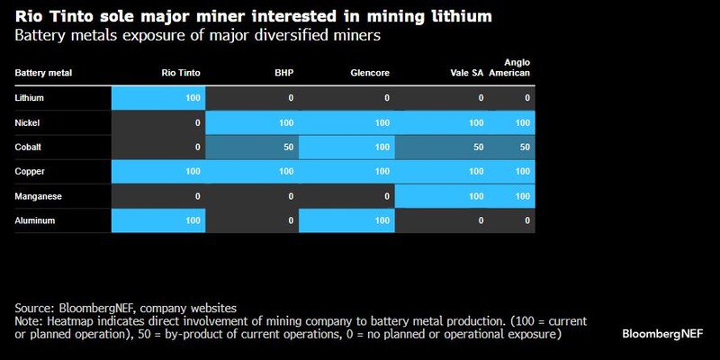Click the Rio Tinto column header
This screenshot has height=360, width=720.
(x=181, y=73)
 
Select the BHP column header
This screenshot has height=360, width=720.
(x=284, y=73)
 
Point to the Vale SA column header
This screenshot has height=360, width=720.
(x=467, y=73)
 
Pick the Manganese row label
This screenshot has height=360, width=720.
(x=39, y=195)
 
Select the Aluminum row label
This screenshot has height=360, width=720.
(x=35, y=220)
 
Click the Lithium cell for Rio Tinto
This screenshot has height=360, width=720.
(x=158, y=97)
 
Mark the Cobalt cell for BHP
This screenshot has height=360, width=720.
(x=252, y=146)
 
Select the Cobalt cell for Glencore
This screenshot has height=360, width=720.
(x=346, y=146)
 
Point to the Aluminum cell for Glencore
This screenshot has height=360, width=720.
(x=346, y=220)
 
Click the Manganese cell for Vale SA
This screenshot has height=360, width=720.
(x=441, y=195)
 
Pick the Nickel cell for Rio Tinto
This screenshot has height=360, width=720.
(x=158, y=121)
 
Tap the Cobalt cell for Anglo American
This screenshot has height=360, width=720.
(x=511, y=146)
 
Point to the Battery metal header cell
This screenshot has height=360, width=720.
(x=43, y=73)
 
